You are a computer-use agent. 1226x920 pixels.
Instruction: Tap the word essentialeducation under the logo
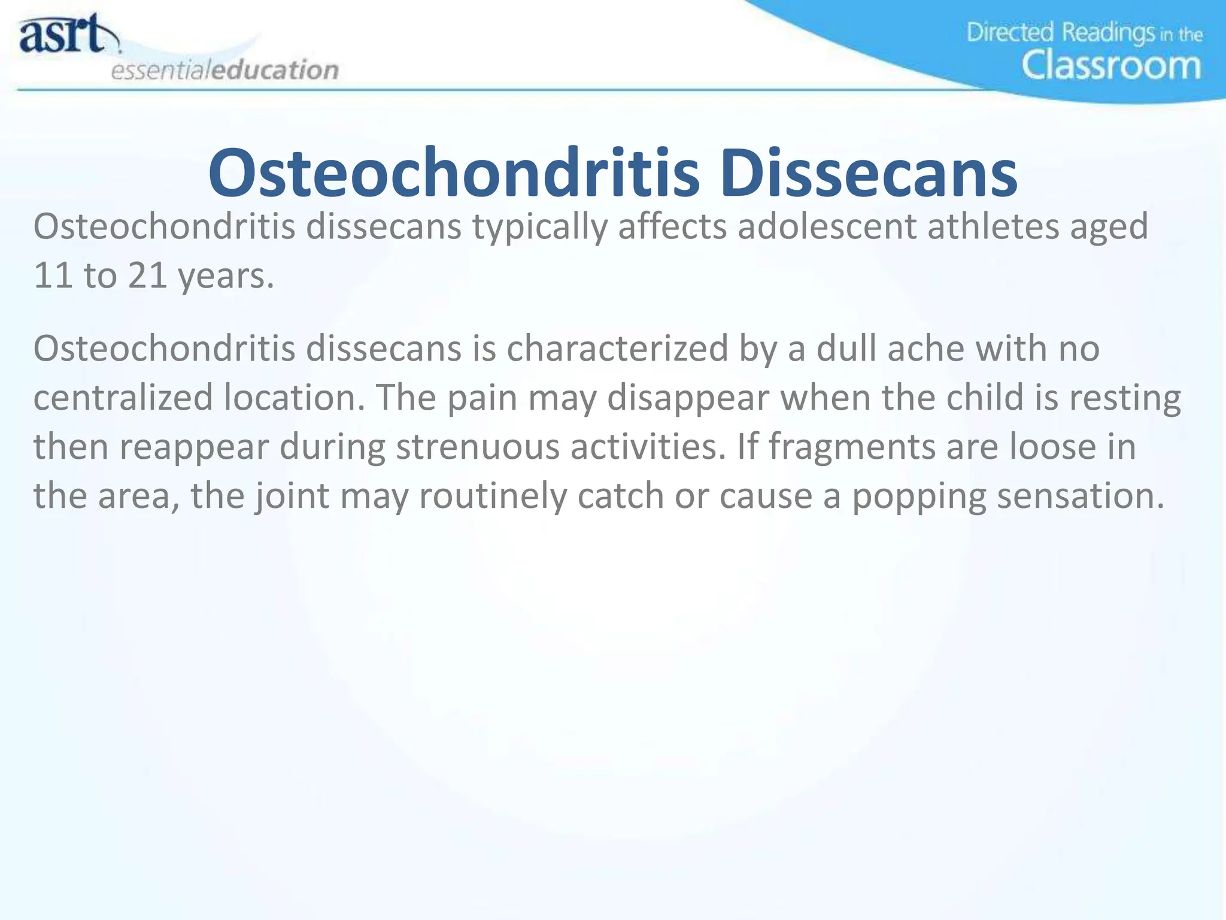tap(224, 70)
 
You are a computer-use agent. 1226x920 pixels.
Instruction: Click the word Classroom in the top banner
tap(1111, 65)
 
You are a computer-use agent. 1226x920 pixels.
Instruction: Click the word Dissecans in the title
tap(868, 174)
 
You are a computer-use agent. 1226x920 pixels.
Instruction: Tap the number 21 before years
tap(147, 276)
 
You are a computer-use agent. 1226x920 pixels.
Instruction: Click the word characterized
tap(617, 349)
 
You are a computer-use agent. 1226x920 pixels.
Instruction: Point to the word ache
tap(925, 349)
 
